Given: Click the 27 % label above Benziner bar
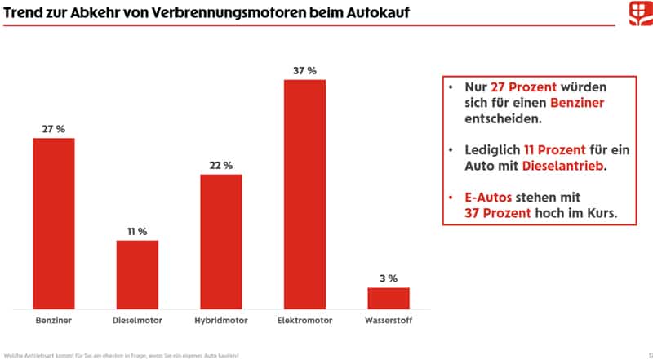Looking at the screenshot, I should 53,129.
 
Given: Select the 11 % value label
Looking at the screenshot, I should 137,232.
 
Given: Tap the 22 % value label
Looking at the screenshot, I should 220,165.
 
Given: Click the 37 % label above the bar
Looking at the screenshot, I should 304,71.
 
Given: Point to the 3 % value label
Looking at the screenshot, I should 389,278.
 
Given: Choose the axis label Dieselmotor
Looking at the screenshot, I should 137,321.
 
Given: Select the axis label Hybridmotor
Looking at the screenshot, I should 220,321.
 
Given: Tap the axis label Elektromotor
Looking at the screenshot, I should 304,321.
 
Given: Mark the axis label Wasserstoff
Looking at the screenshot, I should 389,321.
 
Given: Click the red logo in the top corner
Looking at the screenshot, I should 630,14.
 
